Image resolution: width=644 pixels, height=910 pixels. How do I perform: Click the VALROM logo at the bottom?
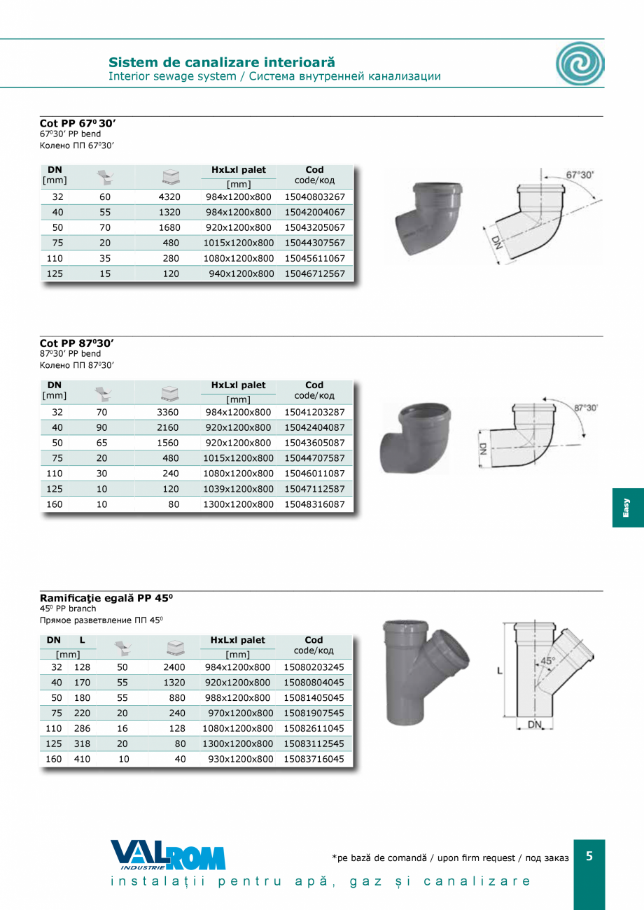tap(167, 855)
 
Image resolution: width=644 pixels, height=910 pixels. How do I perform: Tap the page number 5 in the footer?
tap(589, 856)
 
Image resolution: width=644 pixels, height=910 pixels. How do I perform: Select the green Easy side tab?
tap(627, 507)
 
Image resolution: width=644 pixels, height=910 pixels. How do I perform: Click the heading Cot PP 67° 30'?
tap(78, 123)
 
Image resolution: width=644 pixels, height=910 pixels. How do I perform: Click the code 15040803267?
tap(314, 197)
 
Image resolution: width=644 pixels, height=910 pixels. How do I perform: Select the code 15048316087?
tap(314, 504)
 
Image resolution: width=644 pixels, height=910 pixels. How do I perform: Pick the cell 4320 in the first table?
tap(169, 197)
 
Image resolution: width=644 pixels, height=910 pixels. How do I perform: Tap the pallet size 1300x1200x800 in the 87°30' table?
tap(238, 504)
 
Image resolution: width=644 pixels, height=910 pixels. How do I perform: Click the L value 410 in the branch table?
tap(82, 759)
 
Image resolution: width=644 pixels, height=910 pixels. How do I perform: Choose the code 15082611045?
tap(314, 728)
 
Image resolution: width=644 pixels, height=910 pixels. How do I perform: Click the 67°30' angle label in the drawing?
tap(580, 175)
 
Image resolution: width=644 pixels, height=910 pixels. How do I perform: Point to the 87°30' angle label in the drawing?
tap(585, 407)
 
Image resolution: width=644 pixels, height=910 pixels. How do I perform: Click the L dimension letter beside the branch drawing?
tap(499, 671)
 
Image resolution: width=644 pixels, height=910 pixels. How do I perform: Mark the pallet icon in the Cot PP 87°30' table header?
tap(169, 391)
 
